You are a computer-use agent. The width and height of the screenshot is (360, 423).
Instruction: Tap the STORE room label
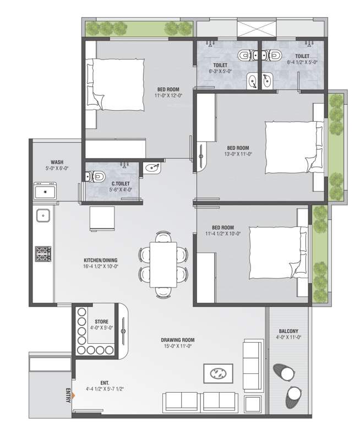[x=101, y=321]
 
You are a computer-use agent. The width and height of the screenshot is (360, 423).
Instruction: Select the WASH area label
[x=57, y=162]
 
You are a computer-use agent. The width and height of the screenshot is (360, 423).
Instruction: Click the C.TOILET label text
[x=121, y=183]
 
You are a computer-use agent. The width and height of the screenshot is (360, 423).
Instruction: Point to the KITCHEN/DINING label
[x=100, y=260]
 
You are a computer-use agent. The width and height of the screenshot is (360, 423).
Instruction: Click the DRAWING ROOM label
[x=177, y=340]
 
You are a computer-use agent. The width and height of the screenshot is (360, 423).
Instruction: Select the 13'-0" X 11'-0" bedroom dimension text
[x=238, y=155]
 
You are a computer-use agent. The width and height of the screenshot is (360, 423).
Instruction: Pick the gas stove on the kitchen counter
[x=43, y=253]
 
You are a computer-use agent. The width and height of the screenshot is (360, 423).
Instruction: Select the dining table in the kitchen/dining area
[x=163, y=264]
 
